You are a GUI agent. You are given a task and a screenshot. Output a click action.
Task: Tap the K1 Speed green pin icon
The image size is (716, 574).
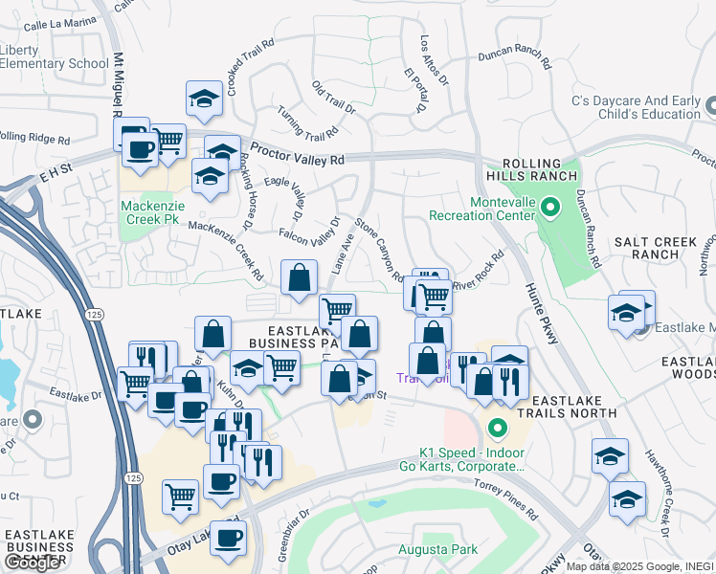pyautogui.click(x=496, y=427)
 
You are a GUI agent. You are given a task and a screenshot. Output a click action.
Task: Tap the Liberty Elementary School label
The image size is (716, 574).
pyautogui.click(x=55, y=57)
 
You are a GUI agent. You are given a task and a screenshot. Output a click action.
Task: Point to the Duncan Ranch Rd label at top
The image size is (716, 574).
pyautogui.click(x=516, y=58)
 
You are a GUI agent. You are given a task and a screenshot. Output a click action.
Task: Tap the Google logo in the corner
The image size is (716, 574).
pyautogui.click(x=32, y=563)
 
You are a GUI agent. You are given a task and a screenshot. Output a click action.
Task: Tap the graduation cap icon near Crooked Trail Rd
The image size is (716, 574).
pyautogui.click(x=204, y=99)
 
